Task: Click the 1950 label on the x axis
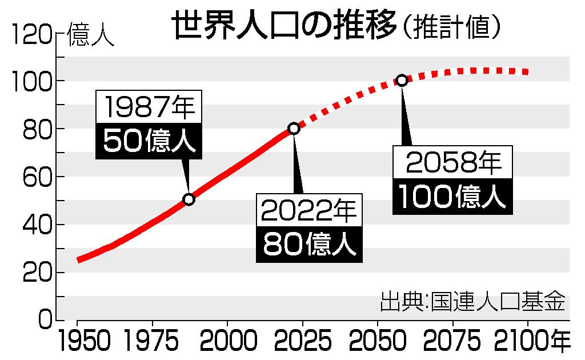pyautogui.click(x=77, y=342)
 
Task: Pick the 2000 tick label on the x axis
pyautogui.click(x=227, y=342)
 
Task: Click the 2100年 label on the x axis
pyautogui.click(x=536, y=342)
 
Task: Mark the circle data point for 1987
pyautogui.click(x=189, y=199)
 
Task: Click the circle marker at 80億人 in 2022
pyautogui.click(x=294, y=129)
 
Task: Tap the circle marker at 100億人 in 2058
pyautogui.click(x=402, y=81)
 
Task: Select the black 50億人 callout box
pyautogui.click(x=150, y=142)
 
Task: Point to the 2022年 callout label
pyautogui.click(x=309, y=213)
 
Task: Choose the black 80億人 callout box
pyautogui.click(x=309, y=246)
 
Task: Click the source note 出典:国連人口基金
pyautogui.click(x=472, y=301)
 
